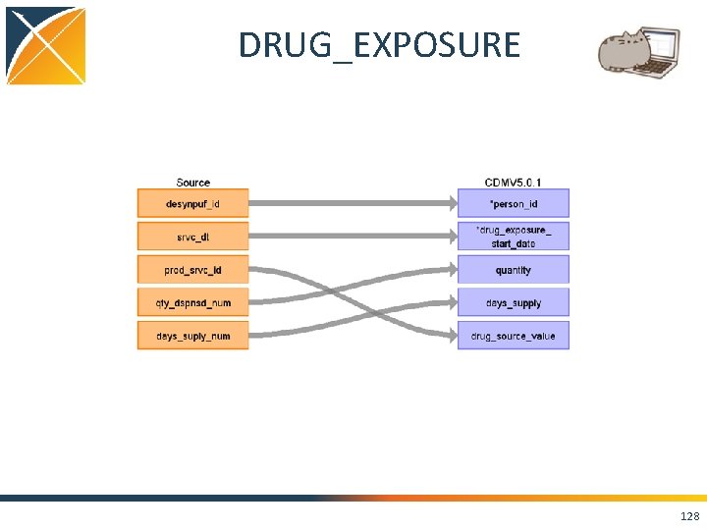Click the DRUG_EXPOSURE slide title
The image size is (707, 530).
[379, 45]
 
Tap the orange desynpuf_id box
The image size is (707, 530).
[192, 203]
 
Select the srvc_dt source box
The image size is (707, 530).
[192, 237]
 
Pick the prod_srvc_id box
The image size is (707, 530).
[192, 270]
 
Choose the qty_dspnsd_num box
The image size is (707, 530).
[192, 303]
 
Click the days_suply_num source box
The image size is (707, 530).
[192, 337]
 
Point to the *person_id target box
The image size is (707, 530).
[514, 203]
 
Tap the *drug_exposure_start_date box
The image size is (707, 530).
[514, 237]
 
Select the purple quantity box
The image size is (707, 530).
[514, 270]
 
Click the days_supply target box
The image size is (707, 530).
[514, 303]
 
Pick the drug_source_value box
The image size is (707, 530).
[514, 337]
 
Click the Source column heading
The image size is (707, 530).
[192, 183]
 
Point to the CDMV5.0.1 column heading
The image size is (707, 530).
[513, 183]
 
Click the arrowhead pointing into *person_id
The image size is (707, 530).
[451, 203]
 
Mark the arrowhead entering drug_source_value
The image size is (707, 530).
[451, 337]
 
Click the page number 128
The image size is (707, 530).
[689, 516]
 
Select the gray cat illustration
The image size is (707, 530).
[621, 53]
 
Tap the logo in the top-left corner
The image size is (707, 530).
[45, 45]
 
